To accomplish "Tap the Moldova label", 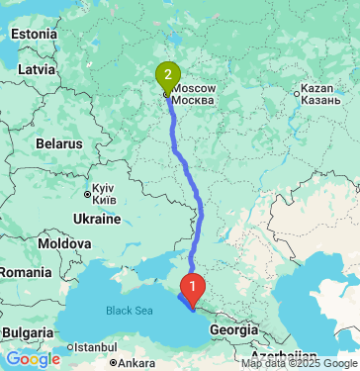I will click(64, 242).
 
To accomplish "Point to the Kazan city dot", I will click(297, 94).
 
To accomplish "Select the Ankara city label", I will click(132, 363).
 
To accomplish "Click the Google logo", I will click(34, 358).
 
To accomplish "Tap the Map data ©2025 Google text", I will click(299, 364).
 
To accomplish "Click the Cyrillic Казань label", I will click(322, 101).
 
